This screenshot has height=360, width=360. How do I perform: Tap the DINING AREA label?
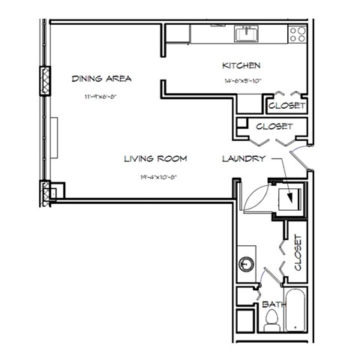click(102, 78)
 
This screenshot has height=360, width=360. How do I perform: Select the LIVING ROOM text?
click(155, 159)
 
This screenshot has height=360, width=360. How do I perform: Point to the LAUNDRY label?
click(241, 159)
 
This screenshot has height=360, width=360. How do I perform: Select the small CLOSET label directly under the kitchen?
click(285, 106)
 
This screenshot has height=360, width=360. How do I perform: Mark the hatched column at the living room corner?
click(49, 193)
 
